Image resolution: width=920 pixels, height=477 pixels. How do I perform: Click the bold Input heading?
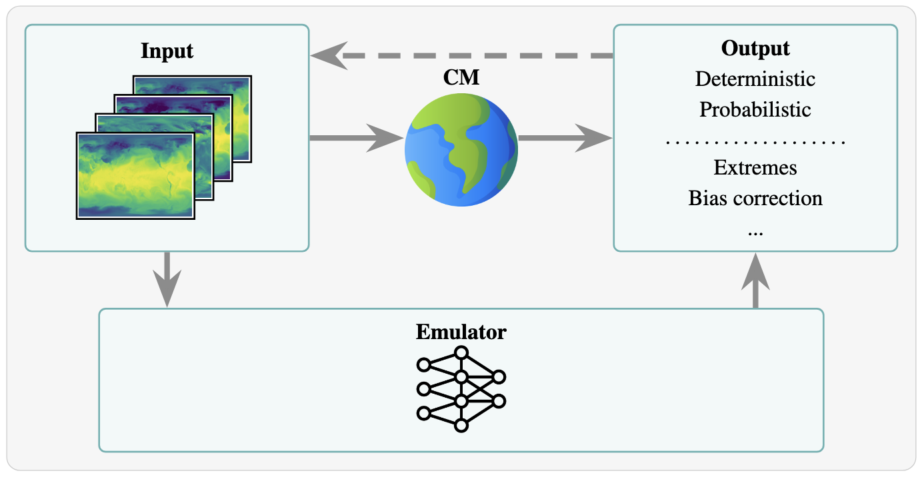(167, 51)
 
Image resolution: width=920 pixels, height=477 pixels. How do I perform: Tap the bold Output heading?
(755, 49)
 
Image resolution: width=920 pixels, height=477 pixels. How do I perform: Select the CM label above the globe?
(461, 78)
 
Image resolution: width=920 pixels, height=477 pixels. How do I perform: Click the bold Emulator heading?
(461, 332)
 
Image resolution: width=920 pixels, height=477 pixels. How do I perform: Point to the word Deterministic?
(755, 79)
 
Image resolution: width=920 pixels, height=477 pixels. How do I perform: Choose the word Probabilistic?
(755, 109)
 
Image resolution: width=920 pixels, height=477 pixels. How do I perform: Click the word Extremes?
(755, 167)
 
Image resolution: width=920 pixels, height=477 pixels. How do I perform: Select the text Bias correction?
(755, 198)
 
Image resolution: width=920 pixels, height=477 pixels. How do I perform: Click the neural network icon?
(461, 389)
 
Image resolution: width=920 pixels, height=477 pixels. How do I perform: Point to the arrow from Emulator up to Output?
(755, 280)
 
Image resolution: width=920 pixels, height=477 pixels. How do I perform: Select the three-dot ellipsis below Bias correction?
(755, 231)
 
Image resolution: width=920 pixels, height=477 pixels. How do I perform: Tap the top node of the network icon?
(461, 352)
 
